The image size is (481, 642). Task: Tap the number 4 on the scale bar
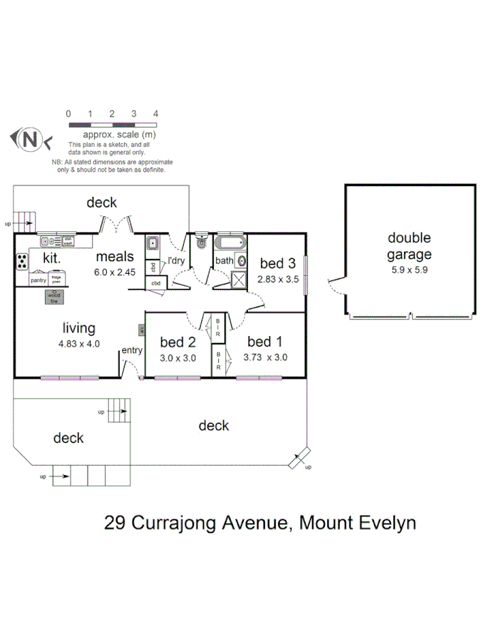(155, 114)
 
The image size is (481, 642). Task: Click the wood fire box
(54, 297)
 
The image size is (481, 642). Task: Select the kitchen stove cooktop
(22, 262)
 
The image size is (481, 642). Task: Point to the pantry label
(38, 280)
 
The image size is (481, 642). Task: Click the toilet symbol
(200, 242)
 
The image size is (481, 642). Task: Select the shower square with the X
(239, 279)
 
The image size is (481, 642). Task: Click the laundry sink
(152, 245)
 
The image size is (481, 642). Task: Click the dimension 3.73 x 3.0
(265, 358)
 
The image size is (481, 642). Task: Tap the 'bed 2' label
(177, 342)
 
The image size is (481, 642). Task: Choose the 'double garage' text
(409, 246)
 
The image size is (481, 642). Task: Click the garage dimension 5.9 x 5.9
(409, 271)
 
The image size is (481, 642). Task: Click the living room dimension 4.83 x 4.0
(78, 343)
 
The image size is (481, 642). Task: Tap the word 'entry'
(132, 350)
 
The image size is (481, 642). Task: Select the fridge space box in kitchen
(56, 280)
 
